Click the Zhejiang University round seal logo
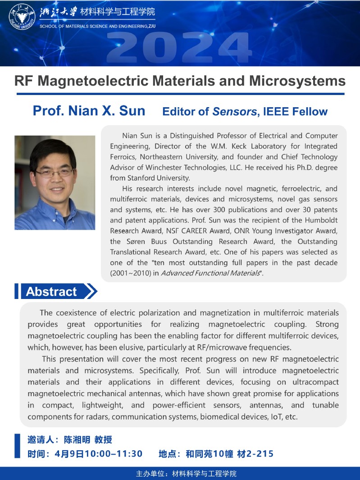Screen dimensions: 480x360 point(22,17)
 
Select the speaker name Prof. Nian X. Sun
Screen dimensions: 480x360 point(89,111)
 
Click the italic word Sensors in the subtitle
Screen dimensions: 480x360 point(234,112)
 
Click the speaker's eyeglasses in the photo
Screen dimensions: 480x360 point(55,172)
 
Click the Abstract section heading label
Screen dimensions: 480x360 point(51,291)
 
